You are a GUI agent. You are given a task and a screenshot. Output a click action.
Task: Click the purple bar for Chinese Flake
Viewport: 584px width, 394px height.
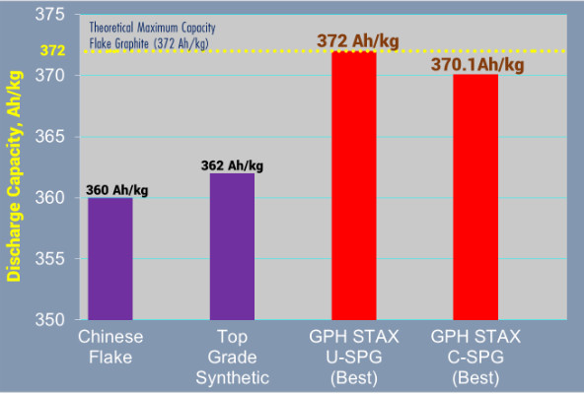point(110,258)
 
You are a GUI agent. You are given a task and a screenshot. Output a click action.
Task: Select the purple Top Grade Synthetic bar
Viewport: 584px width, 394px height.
point(232,246)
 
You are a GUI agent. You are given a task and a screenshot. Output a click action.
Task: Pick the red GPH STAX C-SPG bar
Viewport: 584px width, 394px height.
point(476,197)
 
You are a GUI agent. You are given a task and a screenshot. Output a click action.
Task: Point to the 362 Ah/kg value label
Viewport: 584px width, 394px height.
point(233,164)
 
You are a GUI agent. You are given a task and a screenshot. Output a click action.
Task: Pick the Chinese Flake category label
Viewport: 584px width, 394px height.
point(110,345)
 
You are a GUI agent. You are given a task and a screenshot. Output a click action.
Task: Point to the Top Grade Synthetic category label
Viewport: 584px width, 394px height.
point(232,355)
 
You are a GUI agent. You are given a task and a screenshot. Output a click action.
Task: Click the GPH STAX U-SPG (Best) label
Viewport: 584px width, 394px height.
point(354,355)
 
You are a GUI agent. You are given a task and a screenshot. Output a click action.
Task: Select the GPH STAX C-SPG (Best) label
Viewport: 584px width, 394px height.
point(476,355)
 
